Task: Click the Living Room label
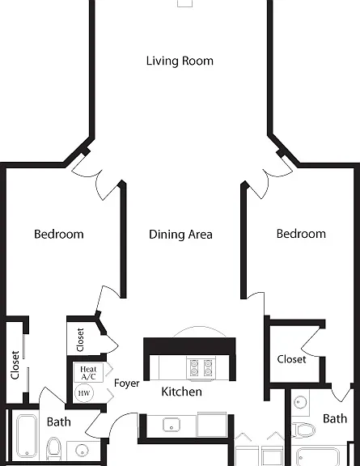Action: (x=180, y=61)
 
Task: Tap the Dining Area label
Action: (x=180, y=235)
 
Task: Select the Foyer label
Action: (x=127, y=383)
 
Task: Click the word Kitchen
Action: (x=182, y=392)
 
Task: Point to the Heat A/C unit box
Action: (x=89, y=373)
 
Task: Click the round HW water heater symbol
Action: (x=84, y=393)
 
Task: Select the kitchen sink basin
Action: (x=172, y=425)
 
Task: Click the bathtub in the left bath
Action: (x=27, y=437)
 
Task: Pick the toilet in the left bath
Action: (x=54, y=448)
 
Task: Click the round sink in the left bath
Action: (x=82, y=451)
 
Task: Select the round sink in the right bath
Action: (x=300, y=402)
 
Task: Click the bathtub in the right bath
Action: (x=318, y=457)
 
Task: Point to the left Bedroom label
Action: (x=59, y=234)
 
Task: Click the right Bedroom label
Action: (x=301, y=234)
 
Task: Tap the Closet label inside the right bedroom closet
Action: (x=291, y=359)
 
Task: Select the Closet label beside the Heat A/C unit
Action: (x=80, y=340)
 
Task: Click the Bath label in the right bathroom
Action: (x=335, y=419)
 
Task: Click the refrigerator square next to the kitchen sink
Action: (x=212, y=425)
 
